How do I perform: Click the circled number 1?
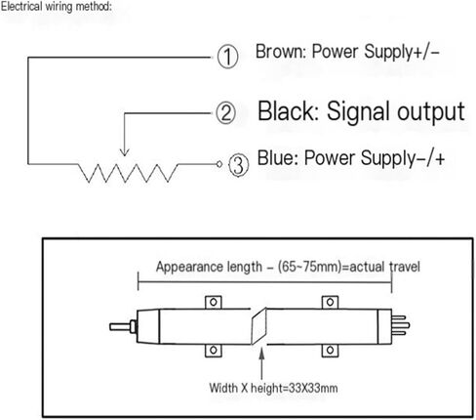click(227, 57)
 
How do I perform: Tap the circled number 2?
click(226, 113)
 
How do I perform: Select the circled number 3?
click(238, 165)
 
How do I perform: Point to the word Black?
click(288, 111)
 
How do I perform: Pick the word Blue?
click(278, 158)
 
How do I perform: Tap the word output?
click(431, 112)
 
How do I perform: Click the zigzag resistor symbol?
click(128, 173)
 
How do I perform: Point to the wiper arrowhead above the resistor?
click(125, 151)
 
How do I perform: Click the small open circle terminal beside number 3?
click(219, 164)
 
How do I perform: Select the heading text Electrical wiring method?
click(56, 7)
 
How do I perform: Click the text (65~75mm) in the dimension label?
click(313, 267)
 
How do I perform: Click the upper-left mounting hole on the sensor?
click(214, 302)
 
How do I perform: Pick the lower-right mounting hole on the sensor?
click(330, 351)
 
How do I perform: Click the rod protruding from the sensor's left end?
click(120, 326)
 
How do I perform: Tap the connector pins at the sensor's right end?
click(401, 325)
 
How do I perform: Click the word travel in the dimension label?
click(405, 267)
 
